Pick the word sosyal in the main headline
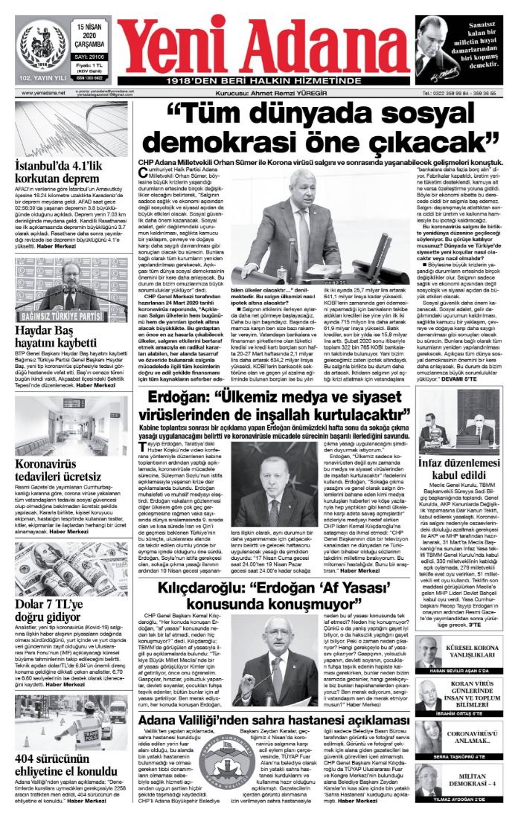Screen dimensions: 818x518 tap(426, 115)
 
